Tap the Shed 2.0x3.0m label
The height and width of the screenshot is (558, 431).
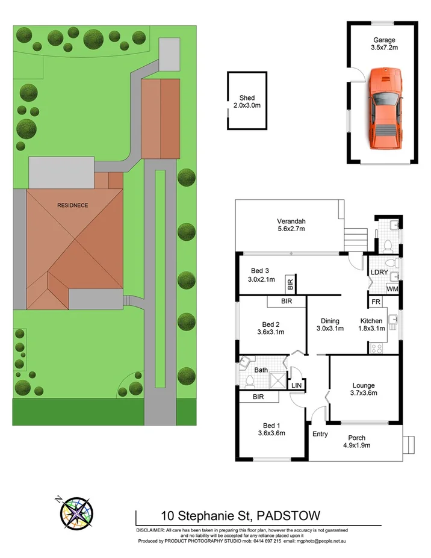[x=247, y=101]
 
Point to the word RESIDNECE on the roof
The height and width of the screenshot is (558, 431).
[x=73, y=205]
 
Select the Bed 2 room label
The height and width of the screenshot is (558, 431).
[x=270, y=327]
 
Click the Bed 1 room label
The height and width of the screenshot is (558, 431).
[x=270, y=428]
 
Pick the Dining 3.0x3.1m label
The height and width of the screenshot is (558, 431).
[x=330, y=324]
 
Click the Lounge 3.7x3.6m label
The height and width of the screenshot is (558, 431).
[x=364, y=389]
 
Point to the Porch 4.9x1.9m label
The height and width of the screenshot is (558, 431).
[x=356, y=441]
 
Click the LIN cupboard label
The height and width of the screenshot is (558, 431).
[x=296, y=385]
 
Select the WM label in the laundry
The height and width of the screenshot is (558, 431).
[x=392, y=289]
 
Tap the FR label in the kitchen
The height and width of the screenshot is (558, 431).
[x=374, y=302]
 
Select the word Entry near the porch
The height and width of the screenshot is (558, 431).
[x=320, y=433]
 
